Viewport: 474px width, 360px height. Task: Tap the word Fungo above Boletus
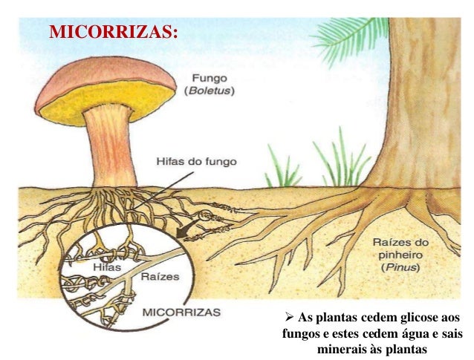(212, 78)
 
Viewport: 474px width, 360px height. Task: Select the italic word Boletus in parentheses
(211, 91)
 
